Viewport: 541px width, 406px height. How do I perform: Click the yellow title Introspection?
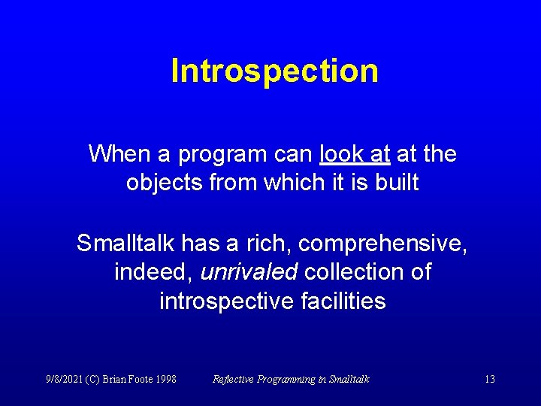(x=274, y=71)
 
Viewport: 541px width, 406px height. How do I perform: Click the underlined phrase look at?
(x=355, y=154)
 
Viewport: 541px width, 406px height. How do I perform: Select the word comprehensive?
(x=384, y=243)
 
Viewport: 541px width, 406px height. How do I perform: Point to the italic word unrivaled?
(x=249, y=271)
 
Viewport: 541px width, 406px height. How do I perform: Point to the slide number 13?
(x=489, y=379)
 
